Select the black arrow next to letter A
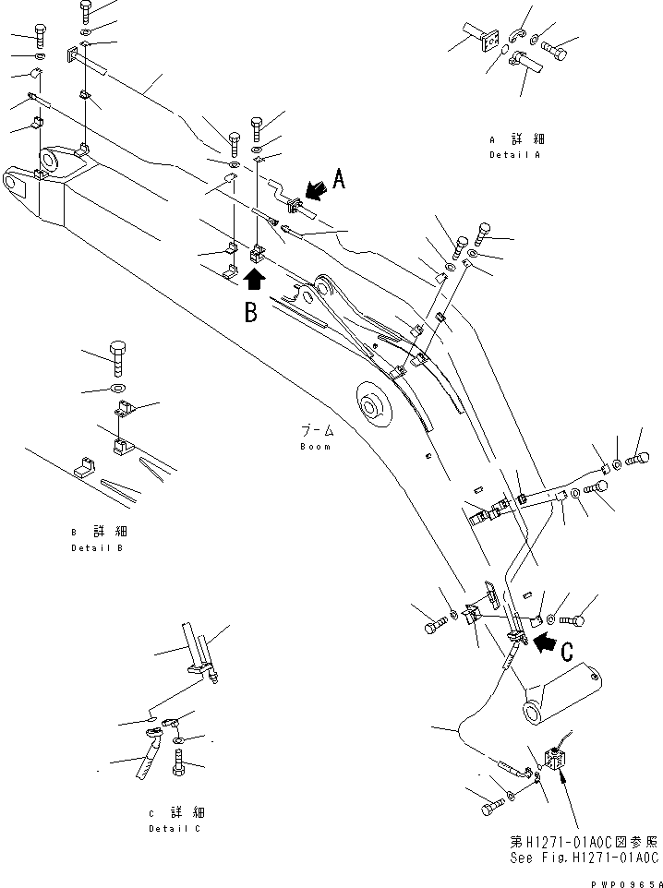[314, 191]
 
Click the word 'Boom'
[315, 446]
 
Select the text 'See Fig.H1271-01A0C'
[584, 857]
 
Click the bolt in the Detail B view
[120, 355]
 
